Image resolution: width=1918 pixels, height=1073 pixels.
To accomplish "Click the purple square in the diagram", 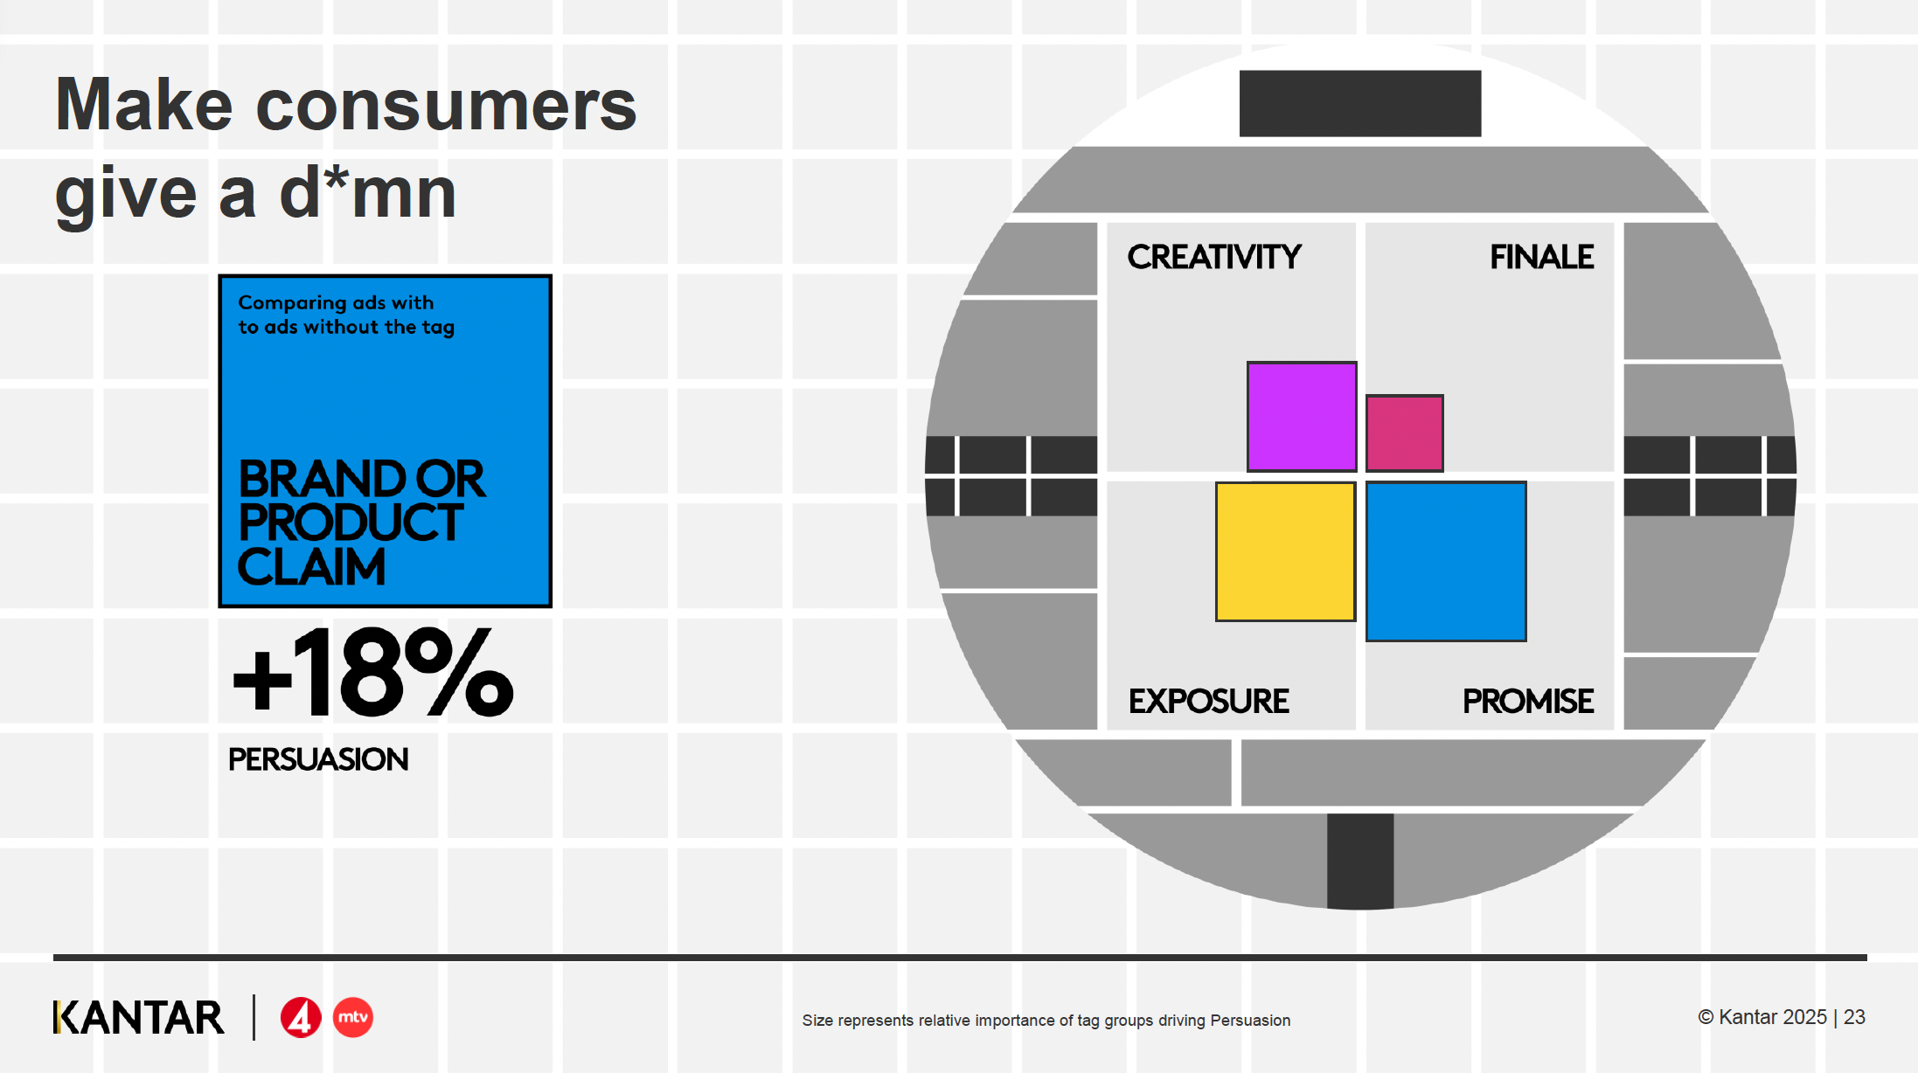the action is tap(1302, 417).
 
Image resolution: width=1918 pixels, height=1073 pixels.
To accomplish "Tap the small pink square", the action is tap(1405, 433).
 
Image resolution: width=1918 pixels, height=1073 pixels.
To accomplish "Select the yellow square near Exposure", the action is tap(1285, 551).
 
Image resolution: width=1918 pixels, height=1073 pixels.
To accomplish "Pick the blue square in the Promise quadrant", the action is tap(1446, 561).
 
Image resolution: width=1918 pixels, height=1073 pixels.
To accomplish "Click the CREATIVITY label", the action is tap(1214, 257).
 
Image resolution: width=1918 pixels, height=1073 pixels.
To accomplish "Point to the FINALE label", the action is tap(1542, 257).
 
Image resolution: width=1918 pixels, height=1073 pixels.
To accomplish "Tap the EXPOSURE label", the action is tap(1209, 701).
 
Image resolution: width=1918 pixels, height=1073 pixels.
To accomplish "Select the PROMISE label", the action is tap(1528, 701).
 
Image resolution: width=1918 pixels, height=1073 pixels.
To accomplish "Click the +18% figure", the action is tap(373, 672).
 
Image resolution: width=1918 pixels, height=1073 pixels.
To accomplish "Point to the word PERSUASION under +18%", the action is tap(318, 759).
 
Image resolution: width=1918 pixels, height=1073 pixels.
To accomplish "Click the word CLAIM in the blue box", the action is tap(312, 566).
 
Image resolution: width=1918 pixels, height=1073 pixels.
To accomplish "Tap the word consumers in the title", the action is tap(446, 105).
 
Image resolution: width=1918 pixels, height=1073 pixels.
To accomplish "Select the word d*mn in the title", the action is tap(368, 192).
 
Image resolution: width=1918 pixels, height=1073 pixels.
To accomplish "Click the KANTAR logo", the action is tap(139, 1017).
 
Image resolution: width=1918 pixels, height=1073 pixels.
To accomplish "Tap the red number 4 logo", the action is tap(301, 1017).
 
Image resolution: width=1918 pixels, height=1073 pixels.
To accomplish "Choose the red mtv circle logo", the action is tap(353, 1017).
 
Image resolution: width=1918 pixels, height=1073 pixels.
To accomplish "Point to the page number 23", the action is tap(1854, 1017).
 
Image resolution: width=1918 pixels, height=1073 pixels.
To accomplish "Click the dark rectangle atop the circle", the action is tap(1360, 103).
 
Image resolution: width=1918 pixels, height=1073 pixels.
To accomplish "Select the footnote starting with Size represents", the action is tap(1046, 1020).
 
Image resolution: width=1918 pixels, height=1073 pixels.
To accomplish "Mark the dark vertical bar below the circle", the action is tap(1360, 862).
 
